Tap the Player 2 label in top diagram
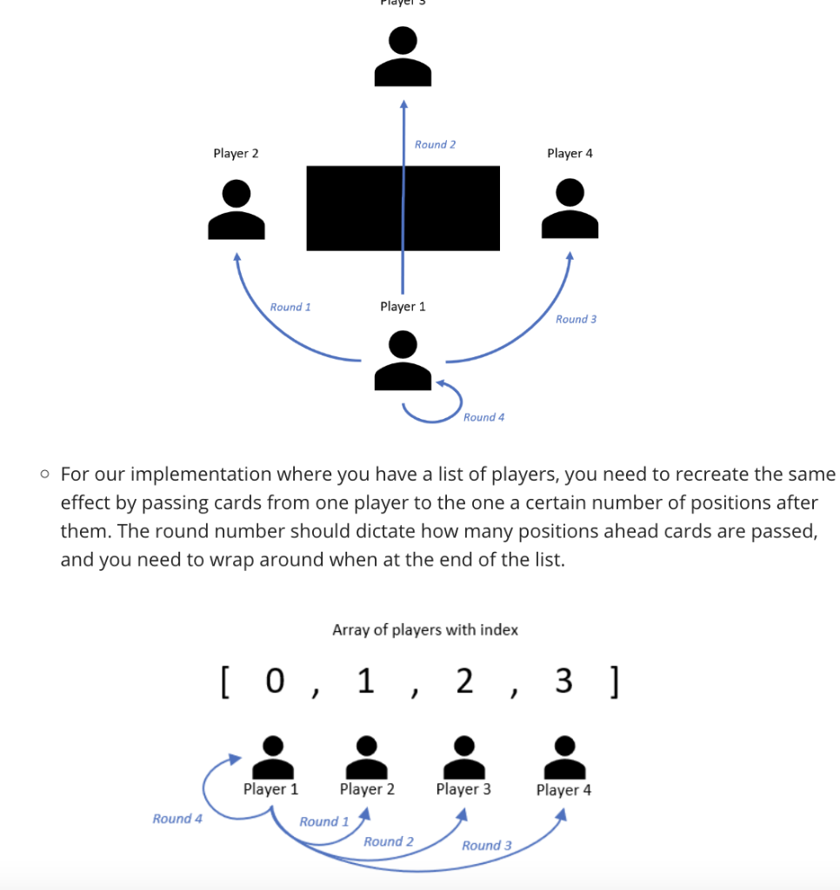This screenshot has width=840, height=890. click(236, 153)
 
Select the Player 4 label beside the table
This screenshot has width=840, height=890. click(570, 153)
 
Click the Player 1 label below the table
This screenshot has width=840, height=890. click(403, 306)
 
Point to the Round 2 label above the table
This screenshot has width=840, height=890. click(435, 144)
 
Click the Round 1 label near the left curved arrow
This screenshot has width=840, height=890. click(290, 307)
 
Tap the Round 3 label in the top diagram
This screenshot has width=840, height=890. click(576, 319)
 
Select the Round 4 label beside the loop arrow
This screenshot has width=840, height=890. click(483, 417)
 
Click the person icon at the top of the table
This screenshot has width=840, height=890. click(403, 56)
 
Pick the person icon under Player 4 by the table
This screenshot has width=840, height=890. click(570, 209)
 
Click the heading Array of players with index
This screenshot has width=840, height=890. click(424, 629)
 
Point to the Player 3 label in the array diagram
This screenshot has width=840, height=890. click(463, 789)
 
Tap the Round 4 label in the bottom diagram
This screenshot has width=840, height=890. click(177, 819)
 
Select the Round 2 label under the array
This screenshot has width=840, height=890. click(388, 841)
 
